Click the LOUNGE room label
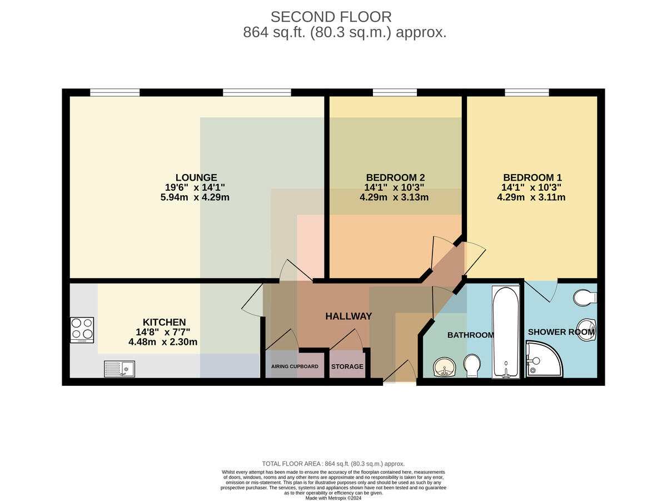click(x=196, y=177)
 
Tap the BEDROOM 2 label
click(x=395, y=177)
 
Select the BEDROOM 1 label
click(x=532, y=177)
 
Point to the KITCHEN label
click(x=164, y=322)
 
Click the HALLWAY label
click(x=349, y=316)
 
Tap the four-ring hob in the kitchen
click(x=82, y=330)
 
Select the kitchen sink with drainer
click(x=119, y=369)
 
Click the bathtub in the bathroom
click(x=506, y=332)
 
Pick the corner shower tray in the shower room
click(x=544, y=359)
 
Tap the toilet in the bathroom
click(x=472, y=365)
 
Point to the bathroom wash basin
click(x=444, y=367)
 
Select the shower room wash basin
click(x=587, y=330)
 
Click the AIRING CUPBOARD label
click(x=295, y=366)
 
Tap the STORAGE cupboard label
click(x=347, y=366)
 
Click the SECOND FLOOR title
click(x=331, y=17)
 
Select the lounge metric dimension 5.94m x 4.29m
click(x=195, y=197)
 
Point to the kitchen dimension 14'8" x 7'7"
click(x=163, y=332)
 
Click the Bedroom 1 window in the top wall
click(x=527, y=92)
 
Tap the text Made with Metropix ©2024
click(x=333, y=498)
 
